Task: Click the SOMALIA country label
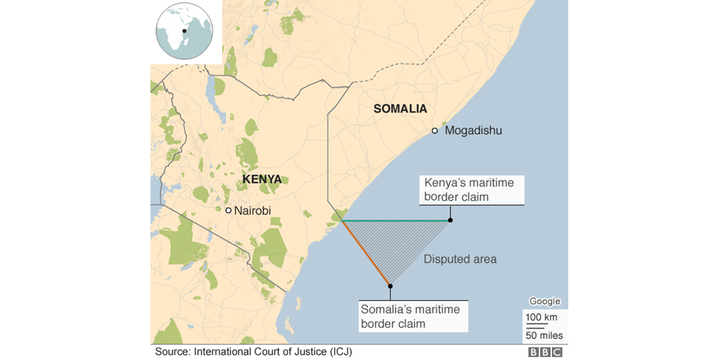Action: click(399, 109)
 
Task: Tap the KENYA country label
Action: click(261, 180)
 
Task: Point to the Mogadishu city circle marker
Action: click(435, 131)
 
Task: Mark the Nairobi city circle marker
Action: click(228, 210)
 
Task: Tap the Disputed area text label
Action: click(460, 259)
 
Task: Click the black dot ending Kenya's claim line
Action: click(451, 220)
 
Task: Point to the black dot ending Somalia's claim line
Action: click(390, 285)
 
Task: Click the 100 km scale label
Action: click(544, 317)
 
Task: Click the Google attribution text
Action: click(544, 302)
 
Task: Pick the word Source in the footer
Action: click(172, 352)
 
